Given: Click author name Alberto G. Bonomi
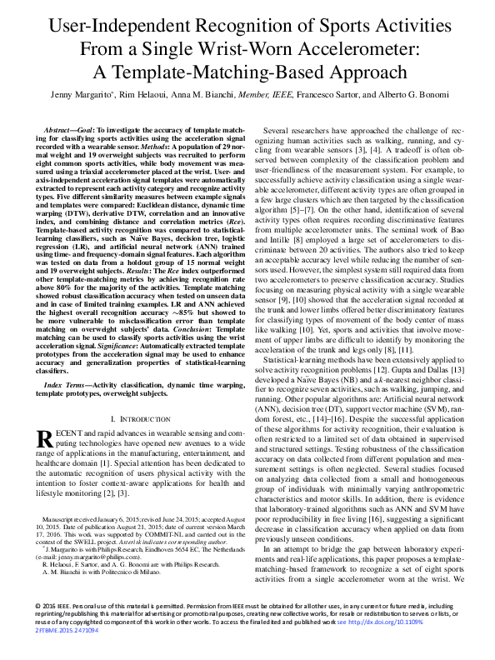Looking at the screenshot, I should click(x=402, y=96).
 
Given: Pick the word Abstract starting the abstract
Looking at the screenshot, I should click(x=59, y=132).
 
